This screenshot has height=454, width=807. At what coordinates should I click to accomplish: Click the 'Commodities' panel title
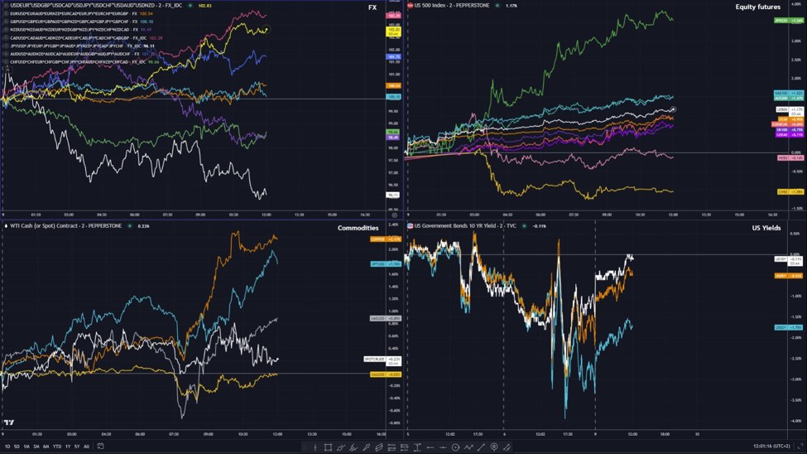click(x=358, y=228)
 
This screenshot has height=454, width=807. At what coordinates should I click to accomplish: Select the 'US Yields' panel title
click(x=767, y=228)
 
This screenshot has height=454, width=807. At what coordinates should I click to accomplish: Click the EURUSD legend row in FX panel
click(x=70, y=13)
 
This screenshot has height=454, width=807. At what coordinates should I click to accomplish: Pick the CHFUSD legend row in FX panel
click(x=70, y=61)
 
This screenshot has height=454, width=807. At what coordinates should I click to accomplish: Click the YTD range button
click(x=56, y=447)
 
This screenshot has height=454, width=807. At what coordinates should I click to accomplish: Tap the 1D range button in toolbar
click(x=7, y=447)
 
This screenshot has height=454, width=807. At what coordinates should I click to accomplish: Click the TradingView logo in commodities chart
click(x=8, y=421)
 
